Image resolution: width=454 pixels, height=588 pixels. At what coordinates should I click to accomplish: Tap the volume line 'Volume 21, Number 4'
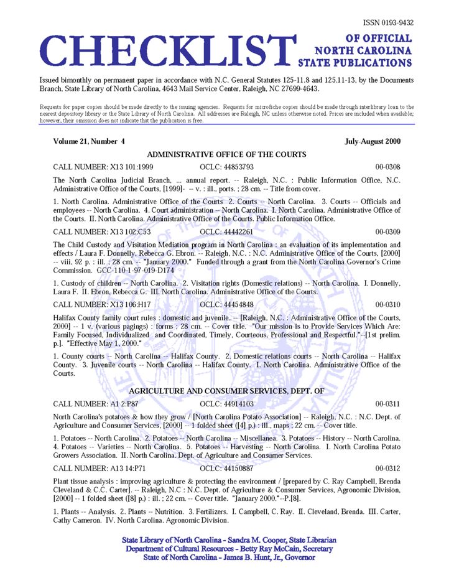click(89, 141)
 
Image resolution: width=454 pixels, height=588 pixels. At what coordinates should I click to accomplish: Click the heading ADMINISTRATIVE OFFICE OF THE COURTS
click(226, 154)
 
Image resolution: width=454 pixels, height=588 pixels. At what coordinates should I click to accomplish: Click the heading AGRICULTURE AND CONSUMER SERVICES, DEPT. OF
click(226, 391)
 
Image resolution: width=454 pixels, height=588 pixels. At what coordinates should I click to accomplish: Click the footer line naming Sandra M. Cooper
click(229, 540)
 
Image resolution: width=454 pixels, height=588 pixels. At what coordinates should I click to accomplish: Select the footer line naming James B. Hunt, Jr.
click(229, 558)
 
